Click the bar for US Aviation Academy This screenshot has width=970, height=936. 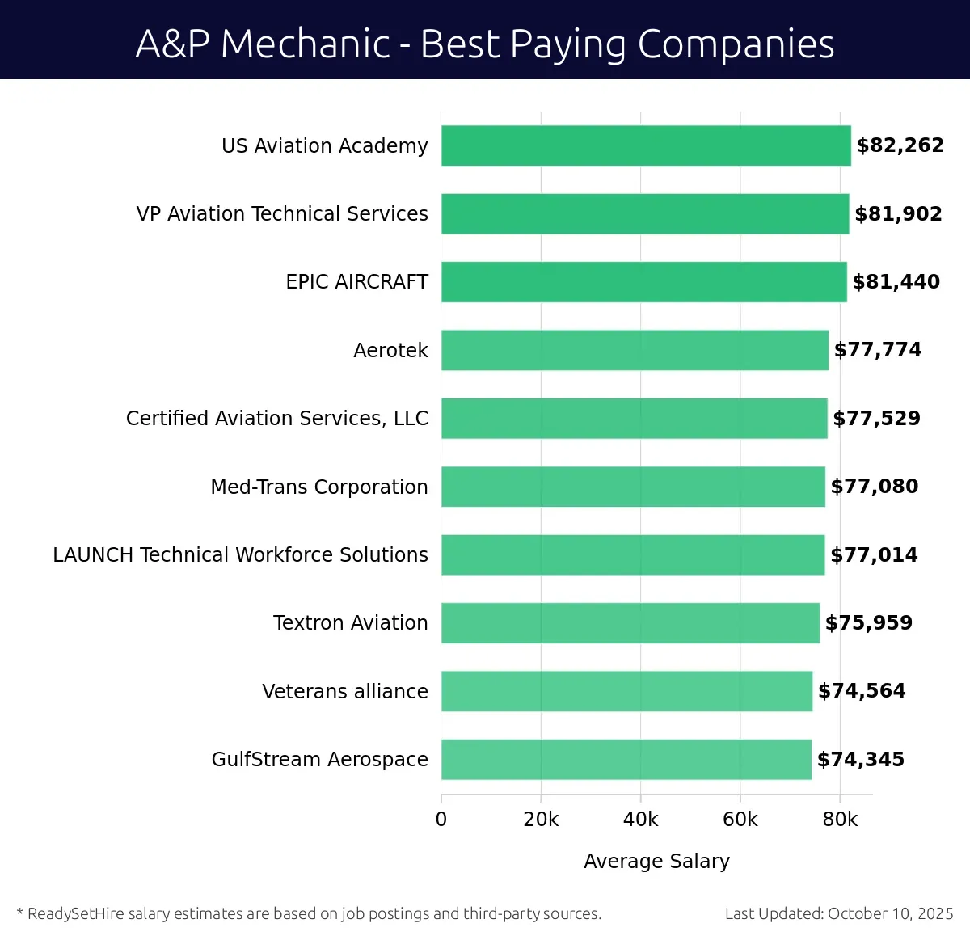(x=645, y=145)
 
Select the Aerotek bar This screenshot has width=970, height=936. (x=635, y=350)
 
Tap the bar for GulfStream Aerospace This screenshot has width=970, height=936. (x=626, y=759)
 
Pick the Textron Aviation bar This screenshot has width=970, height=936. (x=630, y=622)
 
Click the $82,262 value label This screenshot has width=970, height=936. (x=900, y=145)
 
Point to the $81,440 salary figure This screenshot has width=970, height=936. (x=896, y=282)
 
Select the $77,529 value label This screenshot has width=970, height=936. (x=876, y=419)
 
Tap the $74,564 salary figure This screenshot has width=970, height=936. (x=862, y=691)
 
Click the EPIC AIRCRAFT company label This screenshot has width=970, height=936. (x=356, y=282)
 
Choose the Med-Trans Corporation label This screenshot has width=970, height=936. (x=319, y=487)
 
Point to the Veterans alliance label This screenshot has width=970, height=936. (x=345, y=691)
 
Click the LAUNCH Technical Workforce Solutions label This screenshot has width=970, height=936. (x=240, y=554)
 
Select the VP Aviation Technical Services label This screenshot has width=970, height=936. (x=282, y=213)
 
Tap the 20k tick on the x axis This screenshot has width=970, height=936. (x=541, y=820)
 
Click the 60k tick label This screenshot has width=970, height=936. (x=740, y=820)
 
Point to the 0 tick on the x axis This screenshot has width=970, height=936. (x=441, y=820)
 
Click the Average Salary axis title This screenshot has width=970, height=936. (x=656, y=862)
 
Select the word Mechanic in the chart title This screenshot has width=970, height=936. (x=306, y=44)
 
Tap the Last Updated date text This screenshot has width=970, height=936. (x=838, y=913)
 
